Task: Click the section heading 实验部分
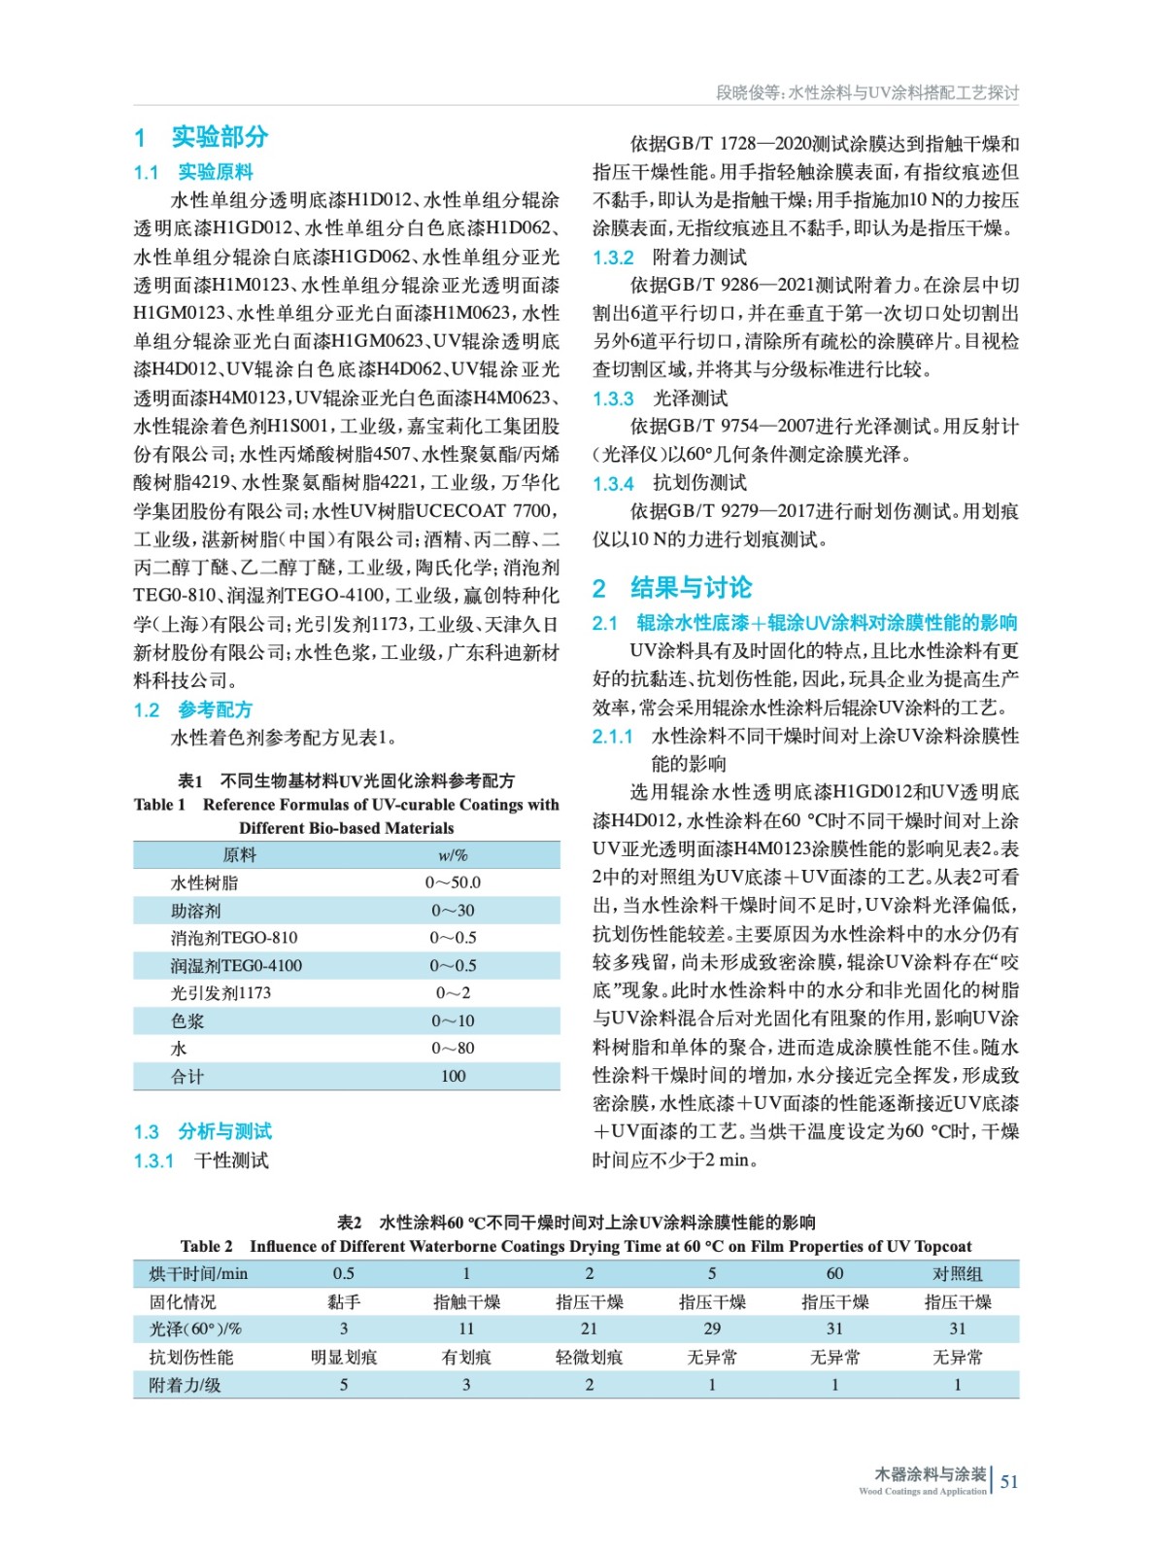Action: (220, 137)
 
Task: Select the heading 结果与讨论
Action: (691, 588)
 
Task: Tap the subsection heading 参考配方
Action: (215, 709)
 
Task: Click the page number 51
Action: (1009, 1482)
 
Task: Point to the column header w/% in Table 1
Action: (453, 855)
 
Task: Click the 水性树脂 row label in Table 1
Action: (204, 882)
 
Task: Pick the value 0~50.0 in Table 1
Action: (453, 882)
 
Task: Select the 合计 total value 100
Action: (453, 1076)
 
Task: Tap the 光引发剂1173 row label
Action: (220, 992)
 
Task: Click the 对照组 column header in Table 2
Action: (957, 1273)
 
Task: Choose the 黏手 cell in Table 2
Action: (344, 1301)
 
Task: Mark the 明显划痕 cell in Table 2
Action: (344, 1357)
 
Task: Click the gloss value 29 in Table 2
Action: (712, 1329)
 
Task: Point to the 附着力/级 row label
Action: (185, 1385)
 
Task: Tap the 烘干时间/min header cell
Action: (198, 1273)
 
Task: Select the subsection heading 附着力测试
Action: (699, 258)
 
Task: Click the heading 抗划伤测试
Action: (699, 483)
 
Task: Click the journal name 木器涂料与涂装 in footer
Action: (930, 1474)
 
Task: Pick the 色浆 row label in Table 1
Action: (187, 1020)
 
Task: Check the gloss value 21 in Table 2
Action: (590, 1329)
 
